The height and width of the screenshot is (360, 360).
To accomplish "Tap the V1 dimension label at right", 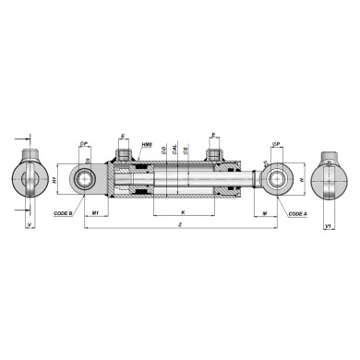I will coord(330,222).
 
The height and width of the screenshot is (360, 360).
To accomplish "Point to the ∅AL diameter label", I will coord(175,148).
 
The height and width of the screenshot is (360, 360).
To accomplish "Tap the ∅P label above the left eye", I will coord(84,145).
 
